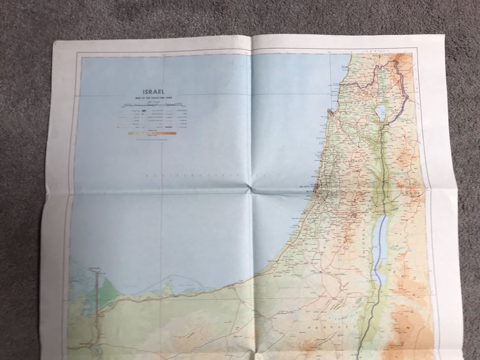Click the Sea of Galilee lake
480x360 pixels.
coord(381,113)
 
